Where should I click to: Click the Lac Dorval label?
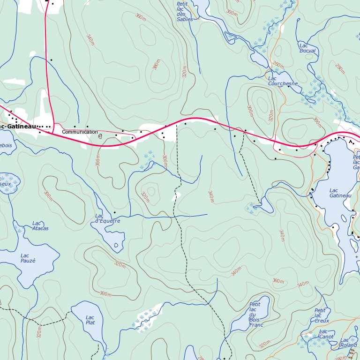(x=307, y=48)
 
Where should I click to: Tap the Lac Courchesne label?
(x=283, y=81)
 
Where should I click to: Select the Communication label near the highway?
(x=80, y=132)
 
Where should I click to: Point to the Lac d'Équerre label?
(x=107, y=218)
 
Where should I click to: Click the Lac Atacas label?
(x=40, y=226)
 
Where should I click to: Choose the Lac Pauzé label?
(x=28, y=258)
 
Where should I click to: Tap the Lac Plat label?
(x=90, y=320)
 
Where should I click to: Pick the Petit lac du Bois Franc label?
(x=256, y=315)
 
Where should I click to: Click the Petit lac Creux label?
(x=322, y=315)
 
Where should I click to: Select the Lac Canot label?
(x=326, y=334)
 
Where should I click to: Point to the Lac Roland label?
(x=348, y=343)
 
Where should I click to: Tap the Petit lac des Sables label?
(x=184, y=12)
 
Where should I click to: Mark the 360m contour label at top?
(x=140, y=17)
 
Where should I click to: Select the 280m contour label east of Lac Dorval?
(x=340, y=69)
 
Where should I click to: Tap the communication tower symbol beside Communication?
(x=100, y=136)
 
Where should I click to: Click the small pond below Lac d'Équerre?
(x=116, y=245)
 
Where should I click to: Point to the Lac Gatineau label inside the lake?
(x=340, y=193)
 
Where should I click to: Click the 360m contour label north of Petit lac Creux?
(x=278, y=281)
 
